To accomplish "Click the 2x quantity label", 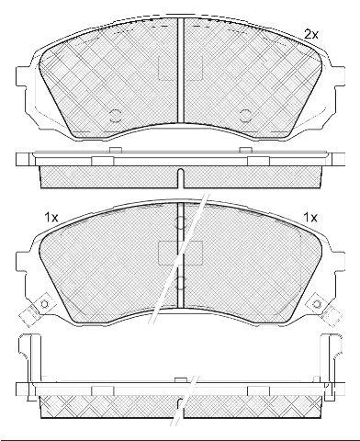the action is click(311, 34).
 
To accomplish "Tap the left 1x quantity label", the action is click(51, 218).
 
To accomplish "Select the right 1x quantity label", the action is click(310, 218).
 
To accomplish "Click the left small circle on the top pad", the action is click(116, 116).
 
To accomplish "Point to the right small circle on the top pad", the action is click(245, 116).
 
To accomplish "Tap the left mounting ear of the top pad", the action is click(20, 76).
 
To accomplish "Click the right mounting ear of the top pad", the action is click(340, 76).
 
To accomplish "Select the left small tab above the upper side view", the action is click(116, 150).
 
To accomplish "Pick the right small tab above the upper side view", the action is click(245, 150).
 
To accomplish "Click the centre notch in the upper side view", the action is click(180, 178).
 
